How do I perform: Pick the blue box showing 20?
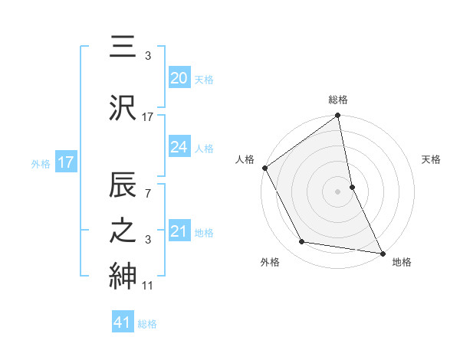point(179,78)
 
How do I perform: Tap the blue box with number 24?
point(179,148)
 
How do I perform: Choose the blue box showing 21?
point(179,231)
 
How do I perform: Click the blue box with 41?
point(123,323)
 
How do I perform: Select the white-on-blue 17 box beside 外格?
point(65,162)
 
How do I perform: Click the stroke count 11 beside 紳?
point(148,286)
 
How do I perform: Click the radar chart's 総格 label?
point(338,100)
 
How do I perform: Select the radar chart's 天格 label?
point(431,159)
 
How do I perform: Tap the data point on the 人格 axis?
point(264,168)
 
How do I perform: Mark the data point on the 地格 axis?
point(382,252)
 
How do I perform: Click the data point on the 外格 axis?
point(302,242)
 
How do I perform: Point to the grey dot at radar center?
point(338,191)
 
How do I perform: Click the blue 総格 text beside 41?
point(147,324)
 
